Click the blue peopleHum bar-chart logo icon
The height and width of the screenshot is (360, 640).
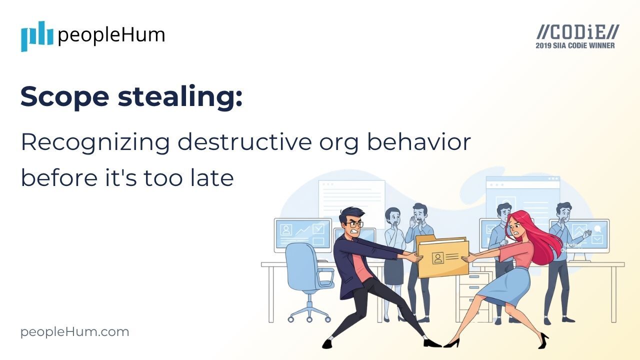tap(37, 36)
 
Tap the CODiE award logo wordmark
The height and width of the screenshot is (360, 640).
tap(577, 32)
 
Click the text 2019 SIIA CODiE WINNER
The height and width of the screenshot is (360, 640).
tap(575, 45)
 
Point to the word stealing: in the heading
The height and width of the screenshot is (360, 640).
tap(180, 96)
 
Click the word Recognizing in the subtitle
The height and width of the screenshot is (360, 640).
tap(94, 143)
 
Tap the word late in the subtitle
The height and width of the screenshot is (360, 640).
tap(213, 178)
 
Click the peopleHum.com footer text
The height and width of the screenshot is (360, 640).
tap(74, 332)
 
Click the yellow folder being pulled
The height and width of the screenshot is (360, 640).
tap(442, 257)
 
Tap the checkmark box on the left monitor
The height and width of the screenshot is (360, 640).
tap(318, 229)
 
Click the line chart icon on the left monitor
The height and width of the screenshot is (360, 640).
tap(302, 230)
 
